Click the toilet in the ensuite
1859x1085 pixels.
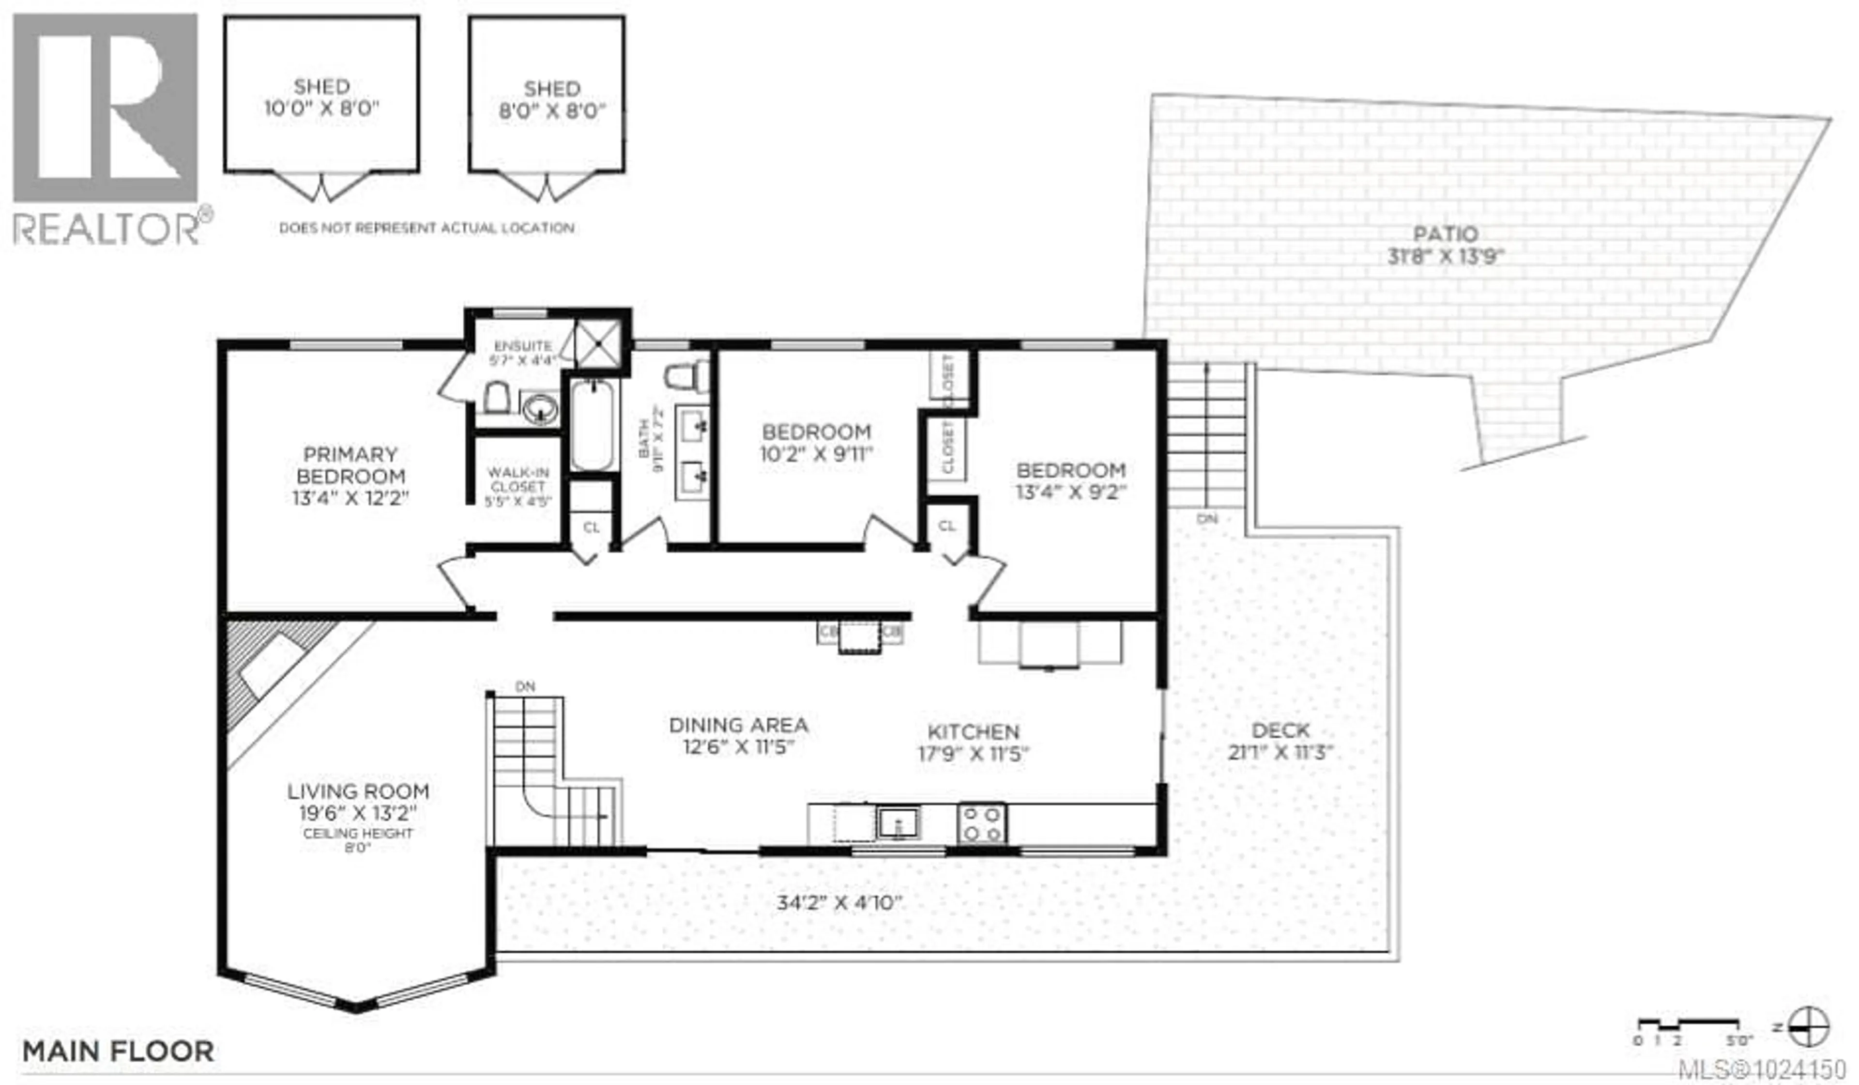pos(497,398)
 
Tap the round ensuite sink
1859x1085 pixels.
pos(541,408)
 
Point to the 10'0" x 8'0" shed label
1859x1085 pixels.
pos(321,97)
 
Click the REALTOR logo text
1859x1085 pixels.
pos(107,228)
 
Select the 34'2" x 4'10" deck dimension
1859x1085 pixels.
pos(839,903)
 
